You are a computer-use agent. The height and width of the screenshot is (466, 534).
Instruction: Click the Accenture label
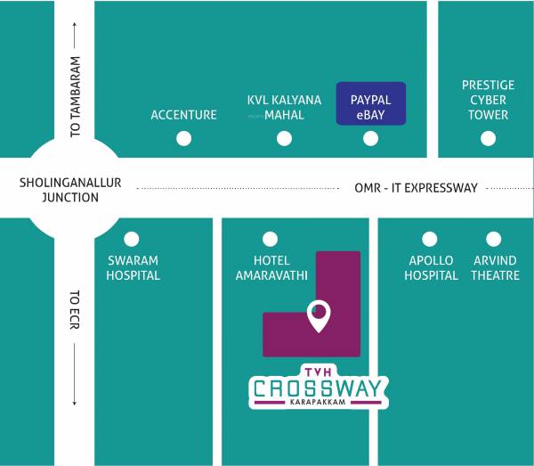pyautogui.click(x=183, y=115)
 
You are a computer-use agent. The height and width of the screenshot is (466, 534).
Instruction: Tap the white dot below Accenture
pyautogui.click(x=183, y=138)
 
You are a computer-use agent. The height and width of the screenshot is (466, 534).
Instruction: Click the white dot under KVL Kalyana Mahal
pyautogui.click(x=284, y=138)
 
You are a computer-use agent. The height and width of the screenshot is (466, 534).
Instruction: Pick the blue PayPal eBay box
pyautogui.click(x=371, y=105)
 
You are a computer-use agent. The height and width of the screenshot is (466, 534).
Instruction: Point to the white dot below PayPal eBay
pyautogui.click(x=371, y=138)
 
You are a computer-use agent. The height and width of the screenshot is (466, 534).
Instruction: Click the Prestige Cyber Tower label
pyautogui.click(x=488, y=100)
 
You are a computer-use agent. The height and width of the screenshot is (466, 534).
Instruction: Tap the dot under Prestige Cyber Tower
pyautogui.click(x=488, y=138)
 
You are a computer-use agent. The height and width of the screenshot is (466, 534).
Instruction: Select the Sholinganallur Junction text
pyautogui.click(x=69, y=190)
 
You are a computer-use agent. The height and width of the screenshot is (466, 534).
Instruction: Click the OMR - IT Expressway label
pyautogui.click(x=417, y=188)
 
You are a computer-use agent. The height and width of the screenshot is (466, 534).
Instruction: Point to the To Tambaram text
pyautogui.click(x=76, y=97)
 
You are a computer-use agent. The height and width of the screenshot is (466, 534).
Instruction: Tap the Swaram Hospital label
pyautogui.click(x=133, y=268)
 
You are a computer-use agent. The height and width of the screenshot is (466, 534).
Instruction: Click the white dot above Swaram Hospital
pyautogui.click(x=132, y=239)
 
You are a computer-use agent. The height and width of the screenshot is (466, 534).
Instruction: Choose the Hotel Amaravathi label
pyautogui.click(x=271, y=268)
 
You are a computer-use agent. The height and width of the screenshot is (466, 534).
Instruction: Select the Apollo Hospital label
pyautogui.click(x=431, y=268)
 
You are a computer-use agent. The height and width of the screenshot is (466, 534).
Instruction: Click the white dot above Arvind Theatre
pyautogui.click(x=494, y=239)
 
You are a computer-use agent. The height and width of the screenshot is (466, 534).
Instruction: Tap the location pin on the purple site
pyautogui.click(x=318, y=315)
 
